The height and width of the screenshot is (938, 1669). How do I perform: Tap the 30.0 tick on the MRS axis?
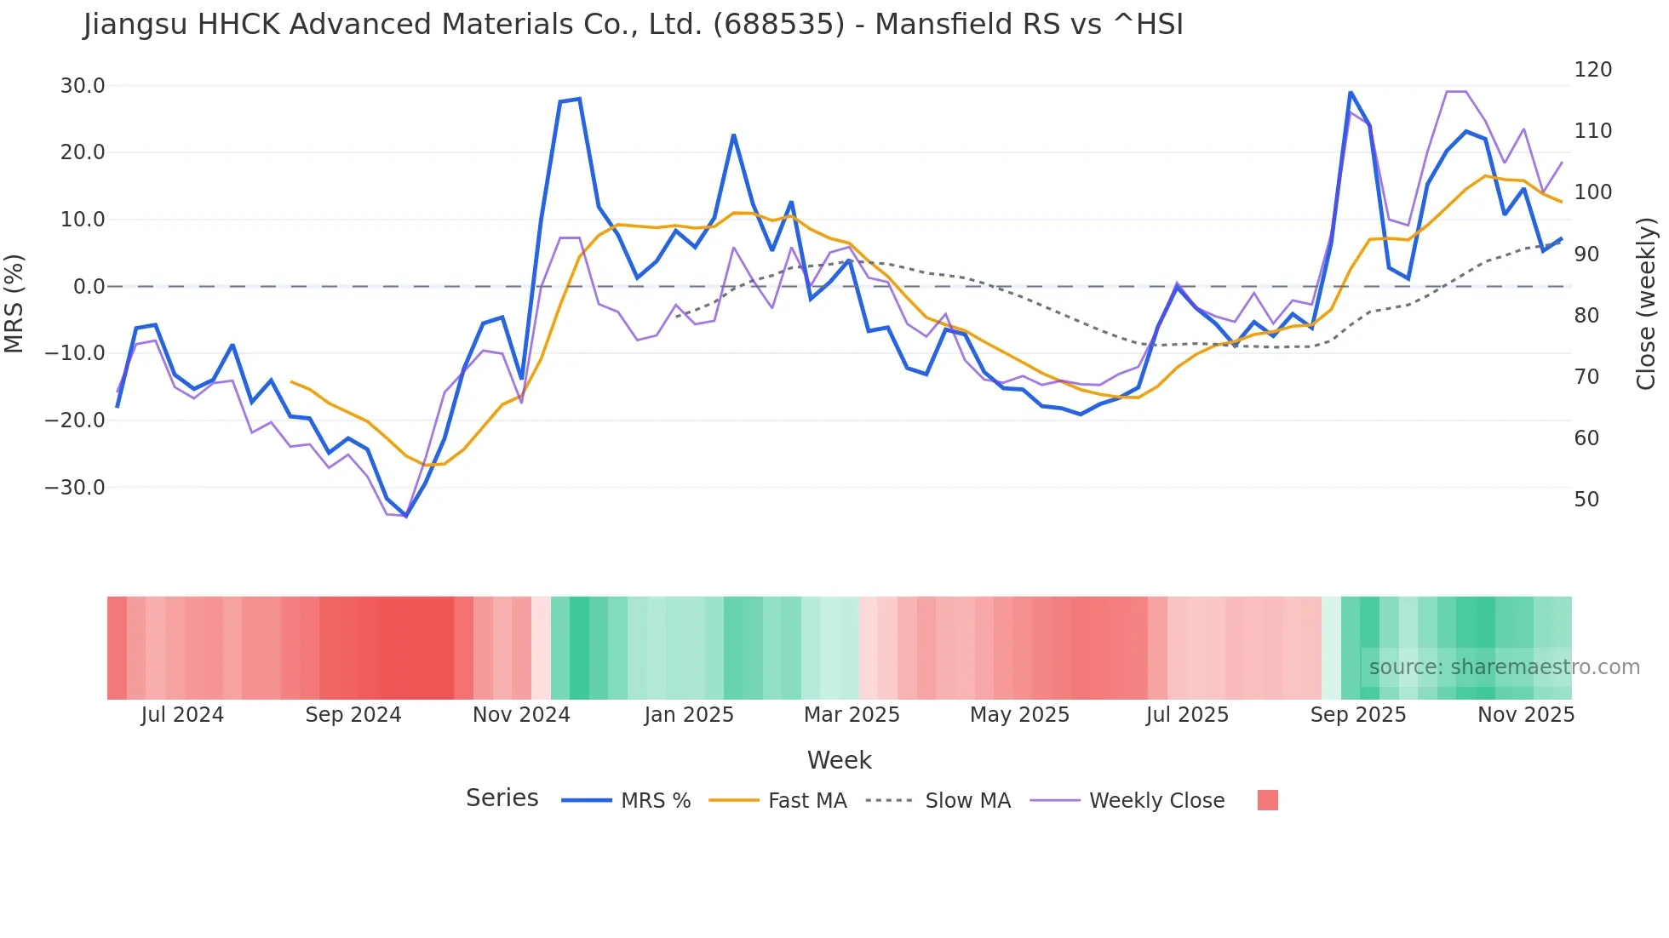pyautogui.click(x=83, y=86)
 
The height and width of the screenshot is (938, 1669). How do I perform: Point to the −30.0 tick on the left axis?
pyautogui.click(x=76, y=488)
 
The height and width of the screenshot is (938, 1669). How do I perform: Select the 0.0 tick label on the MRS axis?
pyautogui.click(x=89, y=287)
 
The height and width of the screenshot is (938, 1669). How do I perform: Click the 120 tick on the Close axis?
pyautogui.click(x=1592, y=70)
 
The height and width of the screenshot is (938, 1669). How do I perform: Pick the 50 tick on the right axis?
pyautogui.click(x=1586, y=500)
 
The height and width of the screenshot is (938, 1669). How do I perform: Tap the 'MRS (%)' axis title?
pyautogui.click(x=14, y=303)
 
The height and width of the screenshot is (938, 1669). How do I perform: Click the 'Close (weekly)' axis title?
pyautogui.click(x=1645, y=303)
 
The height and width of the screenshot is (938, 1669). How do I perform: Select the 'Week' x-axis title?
pyautogui.click(x=839, y=760)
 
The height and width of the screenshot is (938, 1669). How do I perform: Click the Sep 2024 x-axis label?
pyautogui.click(x=353, y=715)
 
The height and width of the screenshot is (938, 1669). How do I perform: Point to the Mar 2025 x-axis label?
pyautogui.click(x=852, y=715)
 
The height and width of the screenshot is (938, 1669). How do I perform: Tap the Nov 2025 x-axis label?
pyautogui.click(x=1525, y=715)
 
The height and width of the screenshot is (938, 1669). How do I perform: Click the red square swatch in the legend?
pyautogui.click(x=1267, y=800)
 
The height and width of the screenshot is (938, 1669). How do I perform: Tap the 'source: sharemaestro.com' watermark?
pyautogui.click(x=1504, y=667)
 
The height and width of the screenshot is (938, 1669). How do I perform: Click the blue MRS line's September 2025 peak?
pyautogui.click(x=1351, y=92)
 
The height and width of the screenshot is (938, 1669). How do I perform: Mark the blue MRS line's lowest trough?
pyautogui.click(x=406, y=516)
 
